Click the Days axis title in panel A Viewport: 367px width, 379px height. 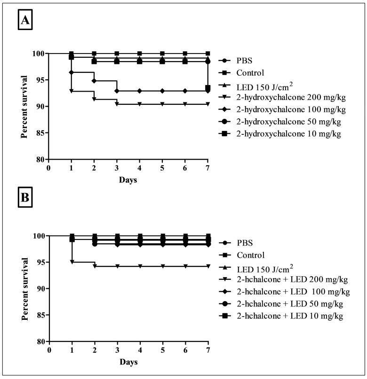(x=128, y=179)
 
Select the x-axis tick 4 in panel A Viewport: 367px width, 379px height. (x=139, y=168)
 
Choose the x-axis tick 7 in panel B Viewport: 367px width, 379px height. (x=208, y=349)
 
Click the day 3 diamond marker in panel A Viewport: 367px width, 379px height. (x=117, y=91)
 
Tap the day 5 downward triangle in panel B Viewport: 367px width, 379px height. (x=162, y=266)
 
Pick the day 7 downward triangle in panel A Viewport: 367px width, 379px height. (x=207, y=104)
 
